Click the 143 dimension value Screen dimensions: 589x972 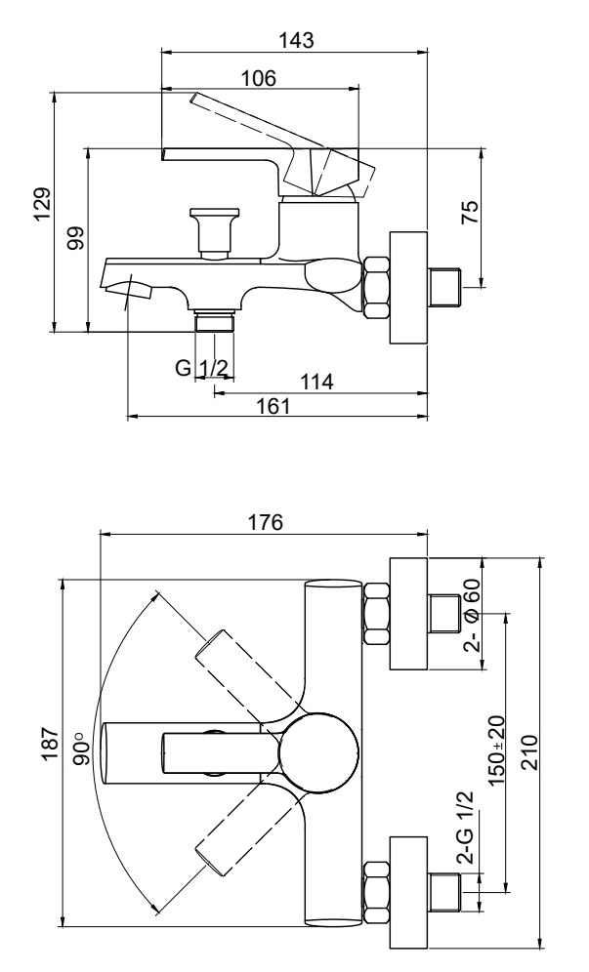coord(296,40)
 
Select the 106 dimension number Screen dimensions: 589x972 coord(258,79)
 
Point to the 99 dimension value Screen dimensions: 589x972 coord(76,238)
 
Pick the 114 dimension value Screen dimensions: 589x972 coord(316,382)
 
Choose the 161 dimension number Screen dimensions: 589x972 coord(273,407)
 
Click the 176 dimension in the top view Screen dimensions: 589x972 coord(265,522)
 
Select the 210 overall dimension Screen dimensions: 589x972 coord(528,752)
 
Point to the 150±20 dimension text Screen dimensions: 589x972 coord(496,750)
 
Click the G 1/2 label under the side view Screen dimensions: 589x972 coord(202,368)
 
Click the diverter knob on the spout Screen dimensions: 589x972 coord(215,232)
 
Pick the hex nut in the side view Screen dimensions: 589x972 coord(376,288)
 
